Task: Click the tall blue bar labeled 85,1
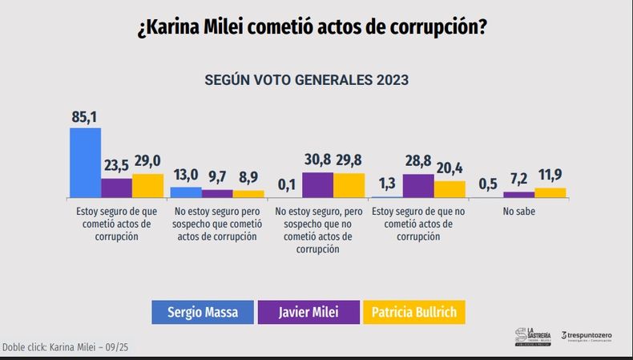pyautogui.click(x=85, y=163)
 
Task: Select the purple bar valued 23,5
pyautogui.click(x=116, y=188)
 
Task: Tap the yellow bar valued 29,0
pyautogui.click(x=147, y=185)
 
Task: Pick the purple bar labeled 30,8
pyautogui.click(x=317, y=184)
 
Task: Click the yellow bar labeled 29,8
pyautogui.click(x=349, y=185)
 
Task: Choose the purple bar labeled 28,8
pyautogui.click(x=418, y=186)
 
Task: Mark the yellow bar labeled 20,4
pyautogui.click(x=450, y=189)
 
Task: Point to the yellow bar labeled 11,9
pyautogui.click(x=550, y=192)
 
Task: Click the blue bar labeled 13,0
pyautogui.click(x=186, y=192)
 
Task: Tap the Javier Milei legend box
pyautogui.click(x=308, y=312)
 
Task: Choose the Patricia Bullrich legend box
pyautogui.click(x=414, y=312)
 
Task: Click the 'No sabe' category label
pyautogui.click(x=519, y=212)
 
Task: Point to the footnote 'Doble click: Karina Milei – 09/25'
pyautogui.click(x=65, y=346)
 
